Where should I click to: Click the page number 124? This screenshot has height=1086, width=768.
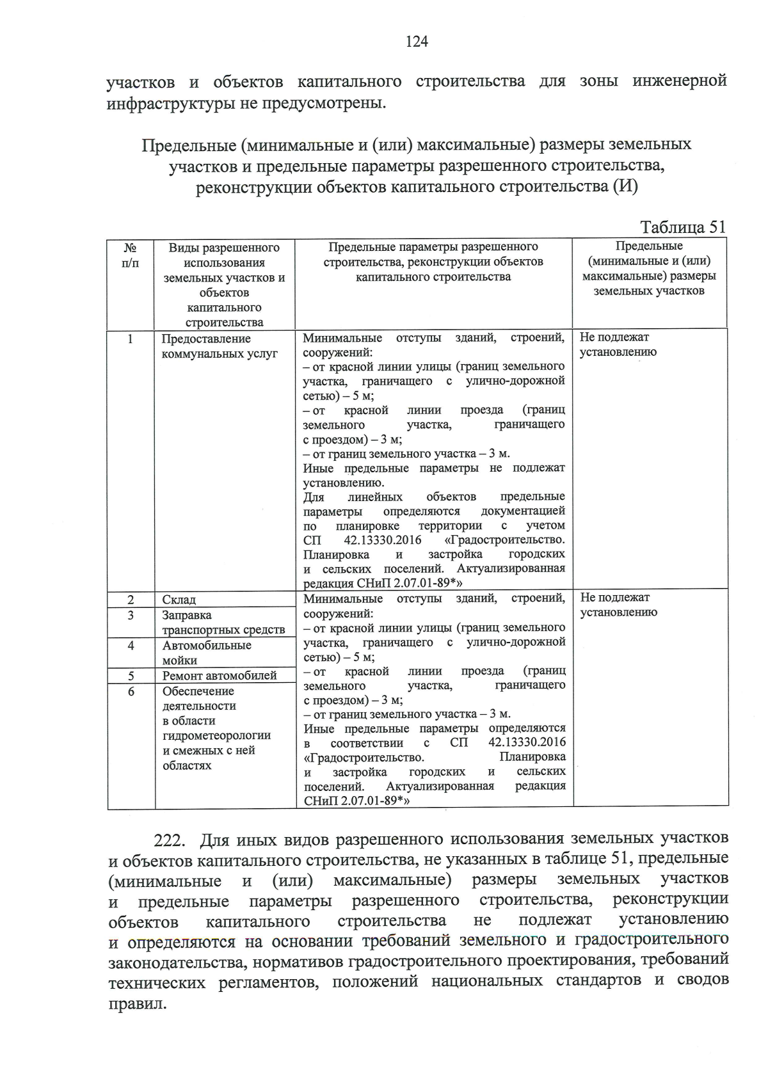click(x=417, y=42)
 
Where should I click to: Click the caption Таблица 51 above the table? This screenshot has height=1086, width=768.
click(x=683, y=227)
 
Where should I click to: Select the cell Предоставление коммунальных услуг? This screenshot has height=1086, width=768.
click(x=219, y=346)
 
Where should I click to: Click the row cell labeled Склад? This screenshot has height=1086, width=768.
click(x=179, y=600)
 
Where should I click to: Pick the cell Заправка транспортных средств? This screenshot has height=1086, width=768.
click(x=223, y=622)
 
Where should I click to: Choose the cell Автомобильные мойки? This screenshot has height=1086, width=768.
click(x=206, y=653)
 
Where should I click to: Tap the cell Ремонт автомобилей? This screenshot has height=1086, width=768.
click(x=220, y=676)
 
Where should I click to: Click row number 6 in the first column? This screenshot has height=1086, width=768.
click(x=131, y=691)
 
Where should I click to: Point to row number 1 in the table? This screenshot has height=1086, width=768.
click(x=131, y=339)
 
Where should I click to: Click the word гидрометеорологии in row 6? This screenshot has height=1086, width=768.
click(x=216, y=735)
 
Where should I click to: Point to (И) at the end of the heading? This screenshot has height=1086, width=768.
click(x=625, y=187)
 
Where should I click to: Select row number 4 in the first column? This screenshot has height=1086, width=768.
click(x=131, y=645)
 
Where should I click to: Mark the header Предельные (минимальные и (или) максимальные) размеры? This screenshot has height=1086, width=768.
click(x=648, y=269)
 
